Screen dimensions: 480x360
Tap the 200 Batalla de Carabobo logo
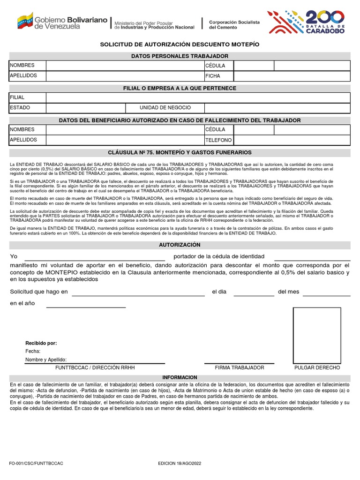307,22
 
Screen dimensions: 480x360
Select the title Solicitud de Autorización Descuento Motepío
180,44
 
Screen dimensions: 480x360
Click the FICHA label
212,75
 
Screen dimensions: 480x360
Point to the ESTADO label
20,107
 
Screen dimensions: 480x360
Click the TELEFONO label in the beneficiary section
218,140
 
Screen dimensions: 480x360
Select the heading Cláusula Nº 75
180,152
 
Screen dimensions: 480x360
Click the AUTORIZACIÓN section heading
180,245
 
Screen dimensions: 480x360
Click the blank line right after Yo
94,257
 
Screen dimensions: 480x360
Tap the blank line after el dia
254,293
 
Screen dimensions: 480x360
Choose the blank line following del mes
326,293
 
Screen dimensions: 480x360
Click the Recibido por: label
41,343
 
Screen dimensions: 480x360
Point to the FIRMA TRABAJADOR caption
240,368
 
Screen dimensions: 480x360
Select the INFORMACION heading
180,377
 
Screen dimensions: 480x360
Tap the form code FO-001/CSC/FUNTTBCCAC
36,464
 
